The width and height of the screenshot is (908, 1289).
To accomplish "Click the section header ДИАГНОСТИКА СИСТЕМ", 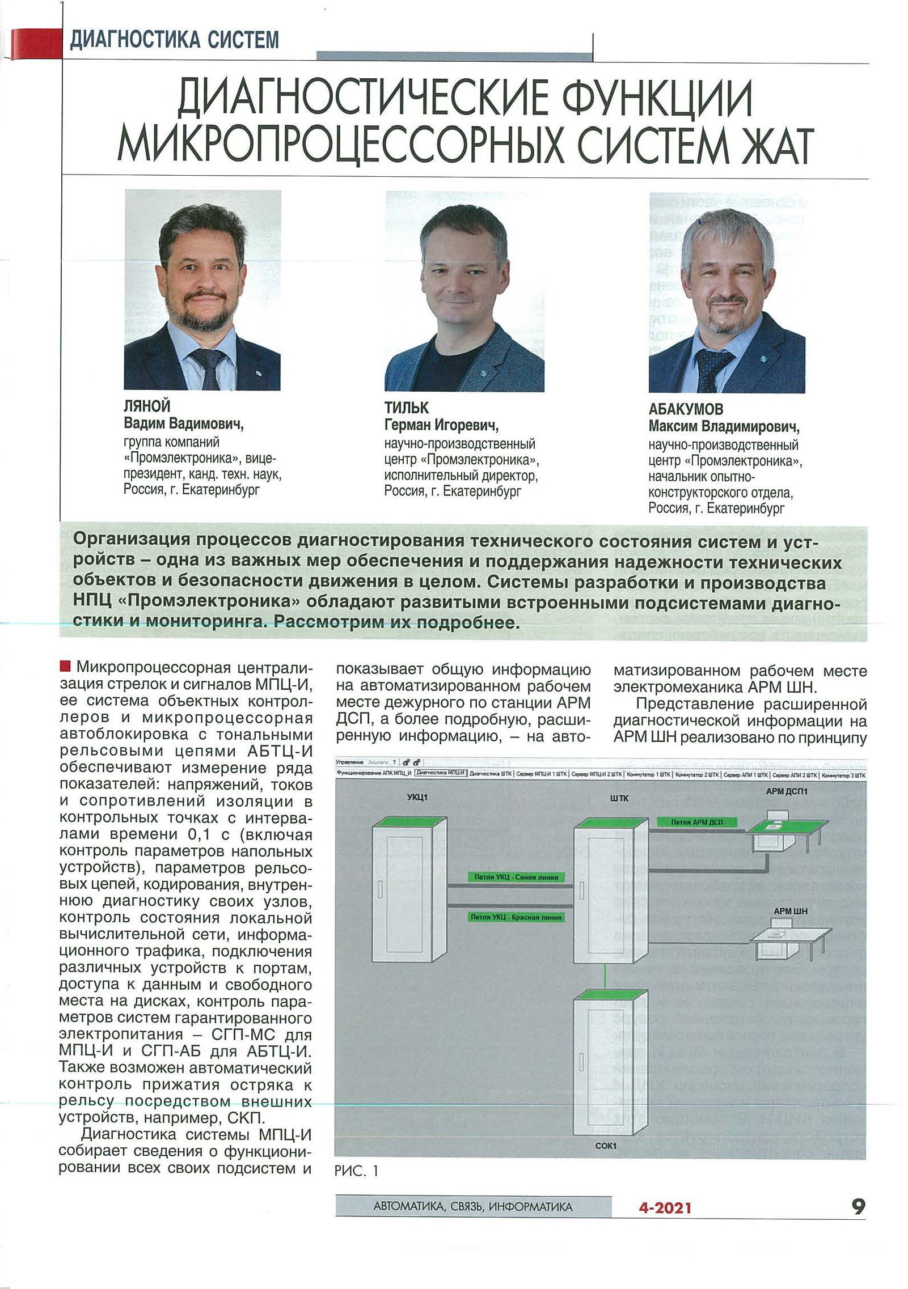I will point(174,40).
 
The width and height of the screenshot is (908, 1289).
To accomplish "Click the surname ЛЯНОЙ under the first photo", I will point(147,406).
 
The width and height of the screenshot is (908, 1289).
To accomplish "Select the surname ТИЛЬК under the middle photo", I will point(407,408).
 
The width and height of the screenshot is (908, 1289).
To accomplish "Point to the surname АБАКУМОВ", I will point(686,409).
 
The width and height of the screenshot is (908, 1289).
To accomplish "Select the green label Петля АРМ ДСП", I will point(696,821).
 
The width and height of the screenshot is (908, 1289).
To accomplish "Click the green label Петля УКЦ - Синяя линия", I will point(516,877).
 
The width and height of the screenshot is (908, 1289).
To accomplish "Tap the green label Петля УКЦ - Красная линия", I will point(516,917).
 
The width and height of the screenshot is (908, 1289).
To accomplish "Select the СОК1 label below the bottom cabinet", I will point(605,1146).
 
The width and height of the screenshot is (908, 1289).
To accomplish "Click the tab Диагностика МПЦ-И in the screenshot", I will point(440,773).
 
